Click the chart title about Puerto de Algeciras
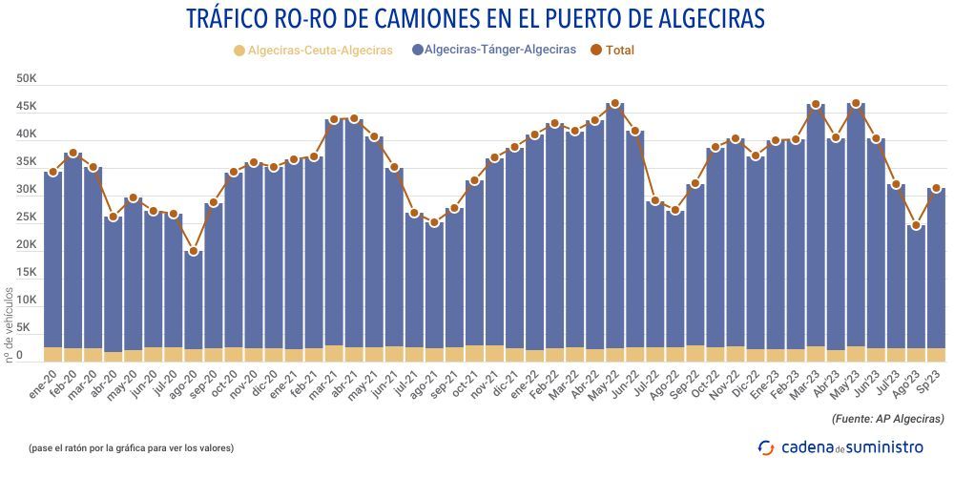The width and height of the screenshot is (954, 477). click(x=477, y=19)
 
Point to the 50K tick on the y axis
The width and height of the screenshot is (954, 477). click(x=27, y=79)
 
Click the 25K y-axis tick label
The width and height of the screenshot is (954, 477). click(x=27, y=218)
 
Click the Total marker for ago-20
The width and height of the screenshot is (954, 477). click(x=193, y=252)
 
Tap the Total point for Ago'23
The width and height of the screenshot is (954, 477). click(x=916, y=226)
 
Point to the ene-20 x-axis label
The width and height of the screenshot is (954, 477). click(x=44, y=378)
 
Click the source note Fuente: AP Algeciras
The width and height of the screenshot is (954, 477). click(x=888, y=419)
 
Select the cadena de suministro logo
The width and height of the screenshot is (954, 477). click(x=840, y=446)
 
